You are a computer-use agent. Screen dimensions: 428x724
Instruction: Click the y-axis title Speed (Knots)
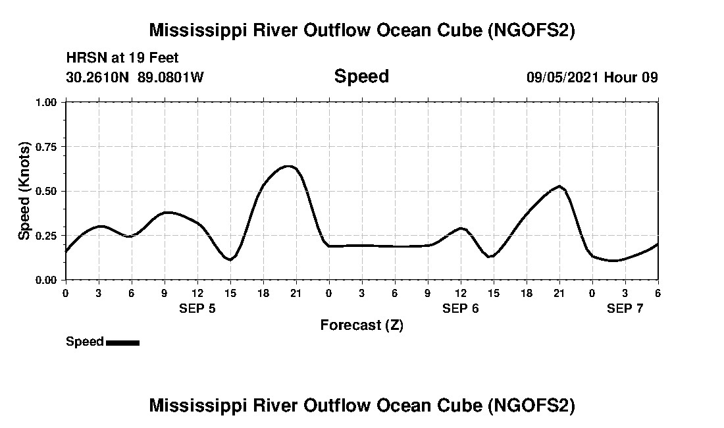coord(24,190)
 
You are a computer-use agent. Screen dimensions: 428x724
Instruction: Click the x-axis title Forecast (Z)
coord(361,325)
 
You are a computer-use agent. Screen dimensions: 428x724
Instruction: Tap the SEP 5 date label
coord(197,308)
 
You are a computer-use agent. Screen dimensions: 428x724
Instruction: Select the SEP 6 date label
coord(461,308)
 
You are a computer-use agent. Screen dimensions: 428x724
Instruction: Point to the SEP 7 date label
coord(625,308)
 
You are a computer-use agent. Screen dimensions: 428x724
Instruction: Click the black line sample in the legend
coord(122,342)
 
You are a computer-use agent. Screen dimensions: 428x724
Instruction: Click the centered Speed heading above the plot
coord(361,76)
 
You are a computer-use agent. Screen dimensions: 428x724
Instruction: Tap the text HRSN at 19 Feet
coord(122,59)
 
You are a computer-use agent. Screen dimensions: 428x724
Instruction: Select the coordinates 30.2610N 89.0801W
coord(135,77)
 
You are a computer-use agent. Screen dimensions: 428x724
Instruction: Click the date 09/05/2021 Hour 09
coord(592,77)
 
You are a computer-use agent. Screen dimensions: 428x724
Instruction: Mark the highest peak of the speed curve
coord(288,166)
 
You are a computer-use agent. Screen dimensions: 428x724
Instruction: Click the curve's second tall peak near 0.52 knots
coord(559,186)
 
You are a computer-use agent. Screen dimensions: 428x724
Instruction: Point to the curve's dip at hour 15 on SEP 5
coord(230,259)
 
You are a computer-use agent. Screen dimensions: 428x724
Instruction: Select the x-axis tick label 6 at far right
coord(658,292)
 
